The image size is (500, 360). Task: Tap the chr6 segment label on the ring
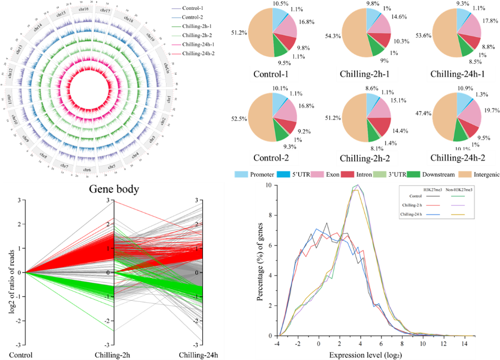tap(87, 169)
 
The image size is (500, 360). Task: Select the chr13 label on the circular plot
tap(19, 51)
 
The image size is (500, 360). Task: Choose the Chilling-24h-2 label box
tap(458, 157)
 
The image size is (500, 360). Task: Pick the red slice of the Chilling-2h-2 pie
tap(382, 126)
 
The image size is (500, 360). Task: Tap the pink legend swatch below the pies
tap(317, 175)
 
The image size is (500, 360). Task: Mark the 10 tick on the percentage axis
tap(268, 185)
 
